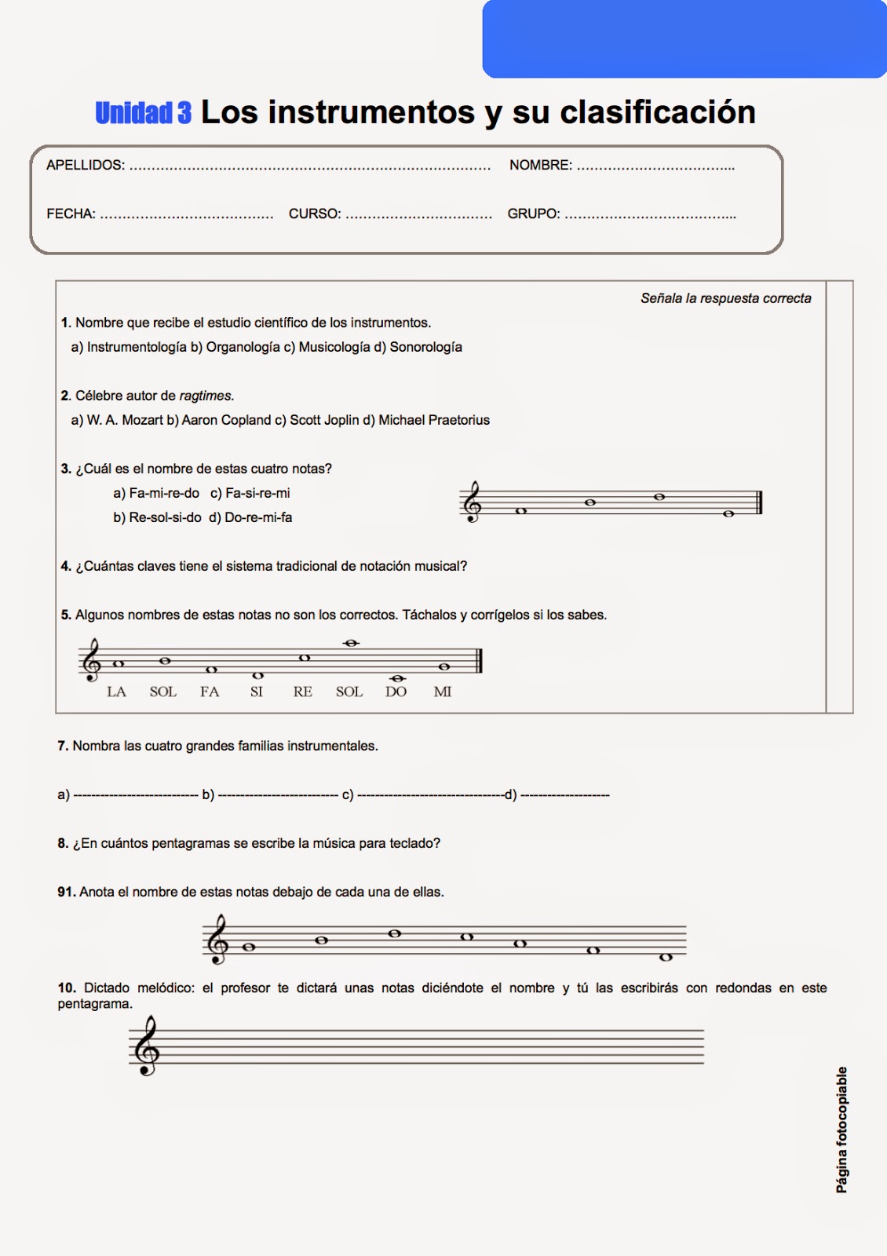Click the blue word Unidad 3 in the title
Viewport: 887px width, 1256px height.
(x=143, y=113)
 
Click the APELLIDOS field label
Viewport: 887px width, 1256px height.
(x=85, y=166)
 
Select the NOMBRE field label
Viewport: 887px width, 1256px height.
(x=540, y=166)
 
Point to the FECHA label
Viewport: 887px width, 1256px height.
(x=71, y=214)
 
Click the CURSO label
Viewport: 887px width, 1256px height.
(x=315, y=214)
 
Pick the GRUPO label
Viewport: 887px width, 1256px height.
(x=534, y=214)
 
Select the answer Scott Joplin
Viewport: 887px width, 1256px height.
(x=324, y=420)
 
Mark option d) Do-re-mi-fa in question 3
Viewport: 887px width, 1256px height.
(x=250, y=517)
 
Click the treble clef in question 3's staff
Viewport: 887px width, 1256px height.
(x=473, y=502)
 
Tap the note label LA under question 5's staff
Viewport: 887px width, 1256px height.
(x=116, y=692)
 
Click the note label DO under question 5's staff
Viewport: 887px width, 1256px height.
(x=396, y=692)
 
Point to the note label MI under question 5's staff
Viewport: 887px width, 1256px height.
(x=443, y=692)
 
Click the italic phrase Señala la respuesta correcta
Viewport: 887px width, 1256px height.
(x=725, y=298)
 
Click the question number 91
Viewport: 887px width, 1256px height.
(x=66, y=892)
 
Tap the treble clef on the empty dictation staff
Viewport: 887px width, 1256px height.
(x=147, y=1046)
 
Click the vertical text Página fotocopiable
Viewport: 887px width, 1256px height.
(x=841, y=1130)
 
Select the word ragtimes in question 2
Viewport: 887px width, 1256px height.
(x=206, y=396)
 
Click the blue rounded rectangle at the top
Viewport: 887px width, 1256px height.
(x=684, y=38)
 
